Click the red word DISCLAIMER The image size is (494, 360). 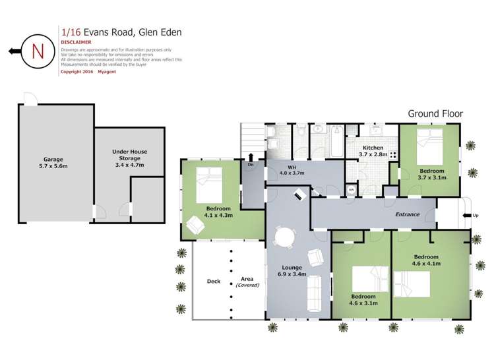76,42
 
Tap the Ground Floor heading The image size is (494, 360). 435,113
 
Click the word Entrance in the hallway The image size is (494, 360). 408,215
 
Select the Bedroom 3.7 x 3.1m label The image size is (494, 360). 432,174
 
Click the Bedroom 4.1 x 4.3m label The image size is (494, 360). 210,212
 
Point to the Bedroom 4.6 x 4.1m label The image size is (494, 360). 426,260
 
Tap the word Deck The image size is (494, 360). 214,282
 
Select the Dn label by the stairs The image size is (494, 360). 251,165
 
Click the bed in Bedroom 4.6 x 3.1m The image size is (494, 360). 371,278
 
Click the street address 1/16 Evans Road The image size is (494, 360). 121,31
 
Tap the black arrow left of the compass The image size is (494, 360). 13,51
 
